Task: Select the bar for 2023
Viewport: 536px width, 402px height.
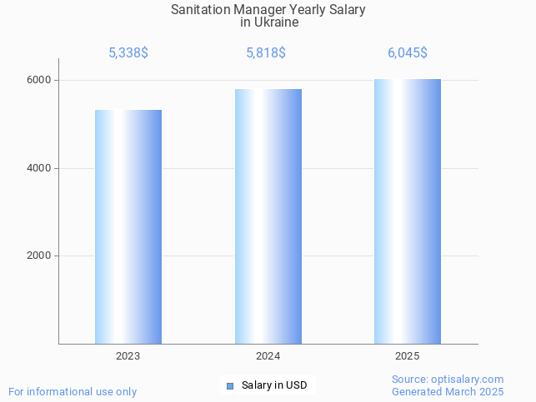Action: click(128, 226)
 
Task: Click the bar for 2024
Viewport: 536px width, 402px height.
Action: click(268, 216)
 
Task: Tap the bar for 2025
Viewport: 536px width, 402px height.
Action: click(408, 211)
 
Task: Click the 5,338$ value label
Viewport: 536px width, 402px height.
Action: click(128, 53)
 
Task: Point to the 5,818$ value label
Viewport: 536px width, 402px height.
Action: click(266, 53)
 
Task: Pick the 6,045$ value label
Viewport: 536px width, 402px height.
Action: click(408, 53)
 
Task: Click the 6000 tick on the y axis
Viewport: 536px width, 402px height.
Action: click(38, 81)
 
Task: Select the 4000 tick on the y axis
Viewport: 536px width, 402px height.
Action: click(38, 168)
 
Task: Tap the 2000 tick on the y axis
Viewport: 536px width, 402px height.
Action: click(38, 256)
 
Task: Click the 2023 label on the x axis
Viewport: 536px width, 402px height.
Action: click(128, 356)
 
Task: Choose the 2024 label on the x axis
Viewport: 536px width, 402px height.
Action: click(268, 356)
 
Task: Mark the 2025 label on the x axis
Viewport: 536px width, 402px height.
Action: click(408, 356)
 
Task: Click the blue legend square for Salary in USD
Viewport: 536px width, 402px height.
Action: click(230, 385)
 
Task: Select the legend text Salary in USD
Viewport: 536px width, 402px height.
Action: click(274, 385)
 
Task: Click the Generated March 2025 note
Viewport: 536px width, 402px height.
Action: click(448, 391)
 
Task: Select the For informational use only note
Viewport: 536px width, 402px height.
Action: click(73, 391)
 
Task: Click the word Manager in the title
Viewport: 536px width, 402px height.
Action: click(263, 10)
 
